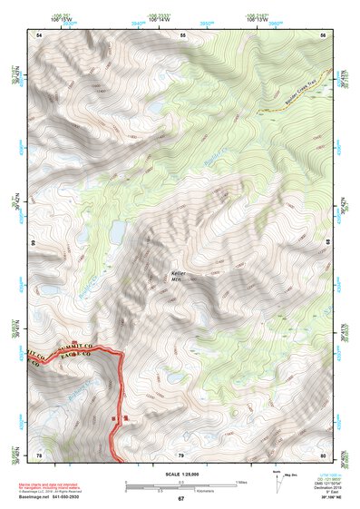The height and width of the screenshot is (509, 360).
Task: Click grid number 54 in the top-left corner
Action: coord(39,35)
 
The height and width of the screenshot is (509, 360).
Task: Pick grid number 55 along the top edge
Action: coord(182,35)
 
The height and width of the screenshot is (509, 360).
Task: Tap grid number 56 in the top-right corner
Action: coord(323,35)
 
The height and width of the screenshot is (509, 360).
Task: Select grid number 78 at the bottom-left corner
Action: coord(39,455)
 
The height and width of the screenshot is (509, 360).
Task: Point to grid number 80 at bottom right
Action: coord(323,455)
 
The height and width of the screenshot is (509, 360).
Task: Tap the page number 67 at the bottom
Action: coord(180,499)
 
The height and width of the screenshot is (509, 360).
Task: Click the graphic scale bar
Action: coord(182,483)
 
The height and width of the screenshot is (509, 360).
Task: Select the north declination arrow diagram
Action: coord(276,482)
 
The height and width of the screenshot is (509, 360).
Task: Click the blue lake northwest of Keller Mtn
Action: coord(117,233)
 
